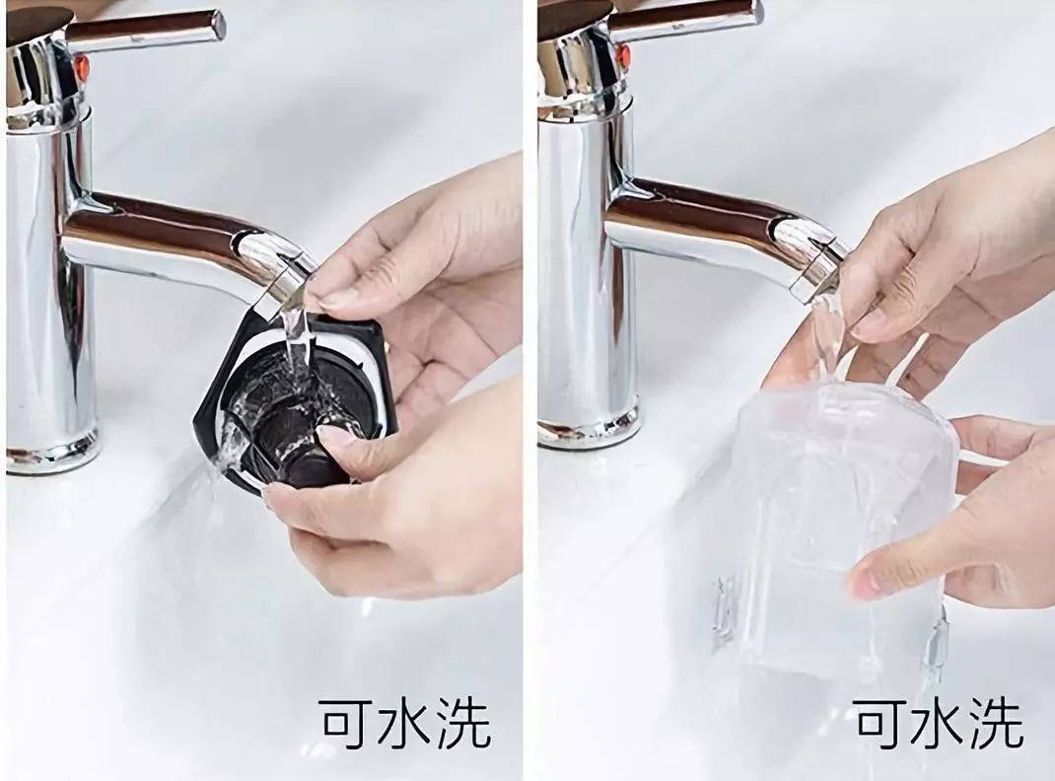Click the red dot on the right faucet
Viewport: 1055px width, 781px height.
tap(623, 54)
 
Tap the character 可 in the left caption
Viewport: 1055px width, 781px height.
tap(348, 723)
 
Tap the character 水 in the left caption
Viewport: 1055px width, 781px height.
tap(405, 723)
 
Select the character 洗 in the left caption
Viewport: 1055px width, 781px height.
tap(462, 723)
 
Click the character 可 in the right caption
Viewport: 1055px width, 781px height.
tap(884, 723)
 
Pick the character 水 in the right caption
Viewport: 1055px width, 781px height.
tap(940, 723)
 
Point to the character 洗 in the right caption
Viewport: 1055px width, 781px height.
tap(997, 723)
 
